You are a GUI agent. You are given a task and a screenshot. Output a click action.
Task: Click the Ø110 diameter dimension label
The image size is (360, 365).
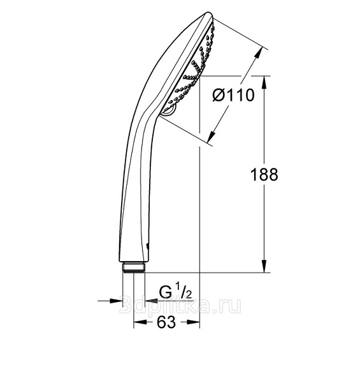233,96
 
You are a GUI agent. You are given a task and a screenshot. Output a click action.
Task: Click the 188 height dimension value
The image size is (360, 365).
264,175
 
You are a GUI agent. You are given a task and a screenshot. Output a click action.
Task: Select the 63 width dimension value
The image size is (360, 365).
166,322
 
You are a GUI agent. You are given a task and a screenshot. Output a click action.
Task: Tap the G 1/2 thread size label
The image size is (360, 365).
175,292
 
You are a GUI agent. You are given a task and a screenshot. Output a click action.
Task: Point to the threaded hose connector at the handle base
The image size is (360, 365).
134,268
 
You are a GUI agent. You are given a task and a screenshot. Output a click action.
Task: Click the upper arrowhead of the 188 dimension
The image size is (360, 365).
264,82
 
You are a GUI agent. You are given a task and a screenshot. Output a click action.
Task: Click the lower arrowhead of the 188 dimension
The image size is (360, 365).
264,266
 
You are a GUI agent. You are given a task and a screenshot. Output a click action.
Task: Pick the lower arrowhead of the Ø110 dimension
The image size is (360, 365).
211,137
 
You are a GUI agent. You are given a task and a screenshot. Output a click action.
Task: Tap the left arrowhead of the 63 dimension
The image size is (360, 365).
140,322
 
